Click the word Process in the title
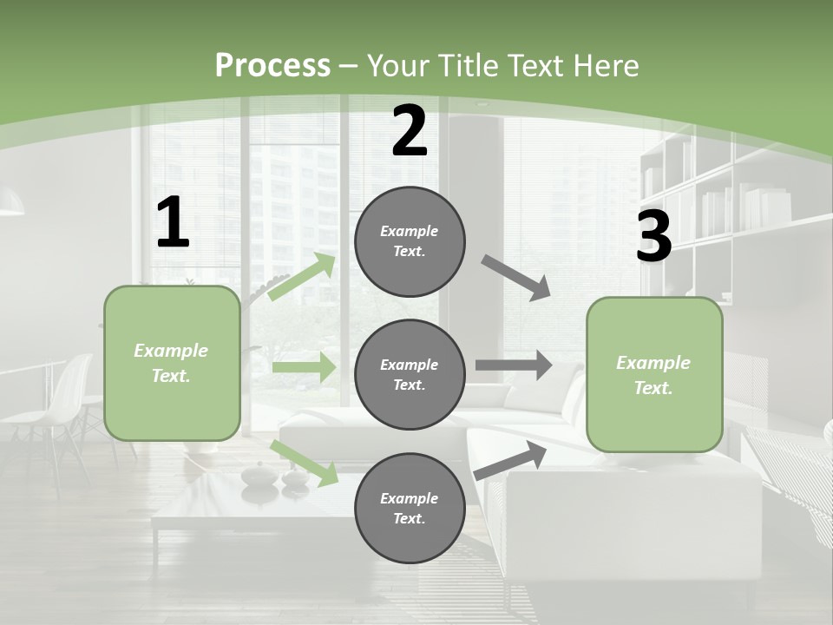[x=272, y=65]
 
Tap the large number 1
[x=173, y=223]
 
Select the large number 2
[x=410, y=132]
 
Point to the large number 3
[x=653, y=236]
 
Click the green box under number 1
[x=172, y=363]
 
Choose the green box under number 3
[x=654, y=374]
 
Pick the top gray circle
[x=410, y=241]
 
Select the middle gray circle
[x=410, y=374]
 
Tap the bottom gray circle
[x=410, y=508]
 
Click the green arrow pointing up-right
[x=302, y=276]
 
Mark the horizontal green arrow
[x=304, y=367]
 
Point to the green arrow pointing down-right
[x=305, y=463]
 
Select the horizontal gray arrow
[x=514, y=365]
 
